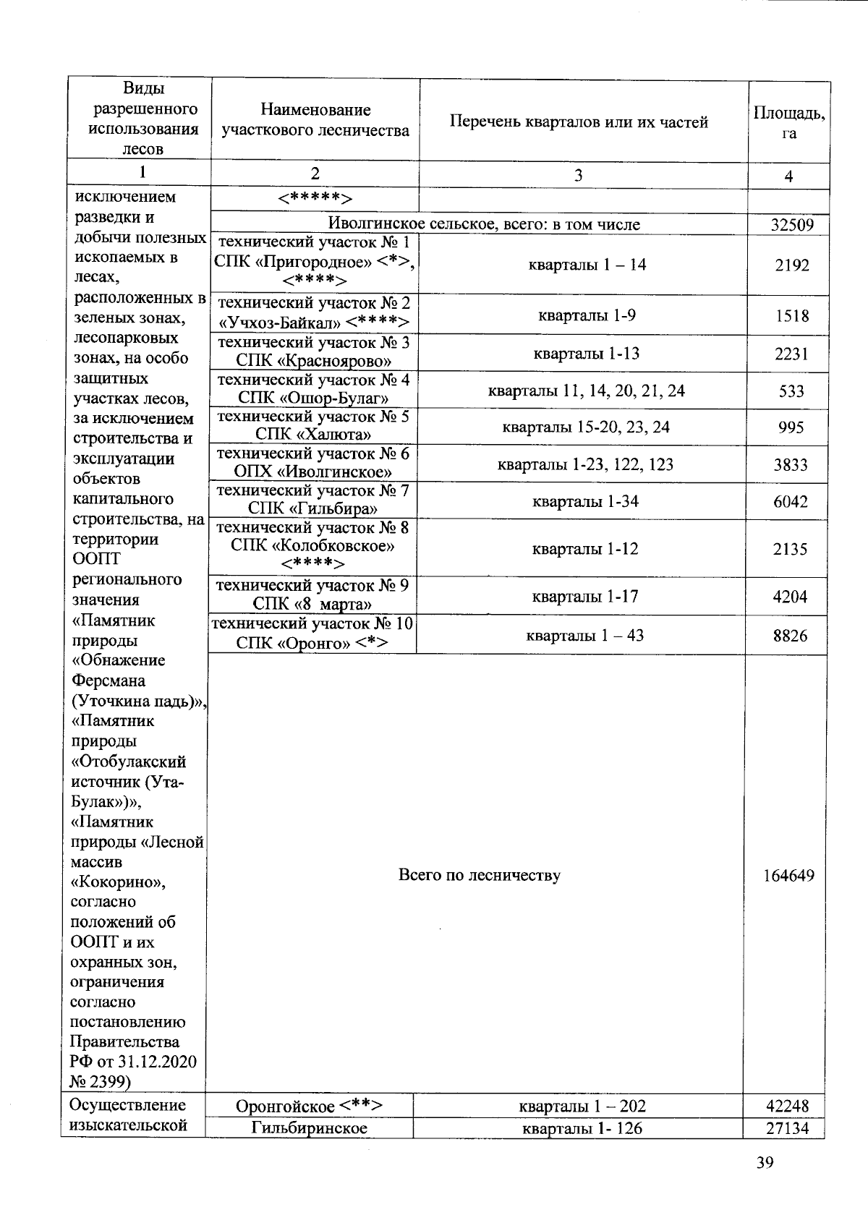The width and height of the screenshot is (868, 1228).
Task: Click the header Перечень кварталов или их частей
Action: [579, 121]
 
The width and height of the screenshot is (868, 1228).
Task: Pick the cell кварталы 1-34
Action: [585, 502]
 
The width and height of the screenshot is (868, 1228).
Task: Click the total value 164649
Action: [788, 876]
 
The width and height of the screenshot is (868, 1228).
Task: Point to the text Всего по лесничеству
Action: [480, 876]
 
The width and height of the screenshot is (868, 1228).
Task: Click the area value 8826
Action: [790, 636]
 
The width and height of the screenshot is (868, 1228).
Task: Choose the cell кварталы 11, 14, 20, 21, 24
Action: [586, 391]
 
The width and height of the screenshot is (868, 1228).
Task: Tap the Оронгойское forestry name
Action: [309, 1106]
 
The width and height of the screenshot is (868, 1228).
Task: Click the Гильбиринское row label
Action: [309, 1128]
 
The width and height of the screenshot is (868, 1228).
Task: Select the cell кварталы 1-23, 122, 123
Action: [585, 464]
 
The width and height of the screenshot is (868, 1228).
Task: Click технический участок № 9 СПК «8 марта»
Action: [312, 595]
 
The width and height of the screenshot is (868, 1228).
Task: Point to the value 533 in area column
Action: [791, 391]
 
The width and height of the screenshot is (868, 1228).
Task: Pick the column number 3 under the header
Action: [577, 176]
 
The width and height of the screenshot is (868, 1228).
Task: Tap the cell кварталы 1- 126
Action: [582, 1128]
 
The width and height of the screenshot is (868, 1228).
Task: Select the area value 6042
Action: [790, 502]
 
